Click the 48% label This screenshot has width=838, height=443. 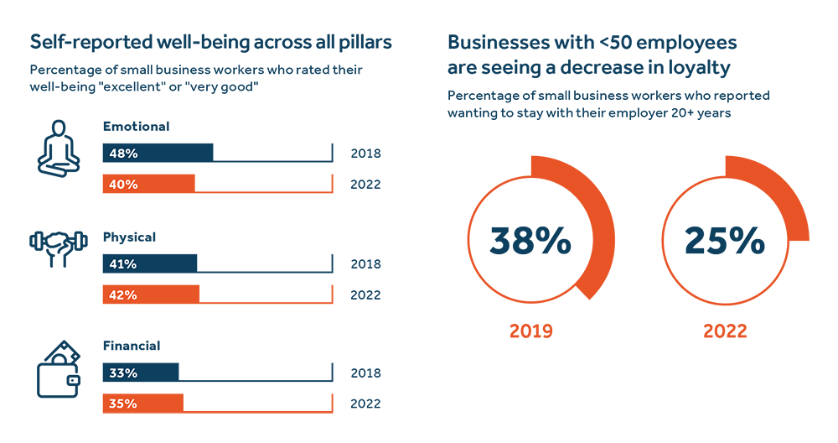coord(123,154)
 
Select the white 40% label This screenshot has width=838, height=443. coord(123,185)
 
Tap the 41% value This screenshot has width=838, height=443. coord(123,264)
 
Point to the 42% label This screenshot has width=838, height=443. coord(123,295)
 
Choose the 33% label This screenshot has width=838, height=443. coord(123,373)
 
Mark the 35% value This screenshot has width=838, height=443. coord(123,404)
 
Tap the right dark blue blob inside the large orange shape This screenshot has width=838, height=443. coord(726,238)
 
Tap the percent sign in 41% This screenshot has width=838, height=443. coord(132,264)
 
